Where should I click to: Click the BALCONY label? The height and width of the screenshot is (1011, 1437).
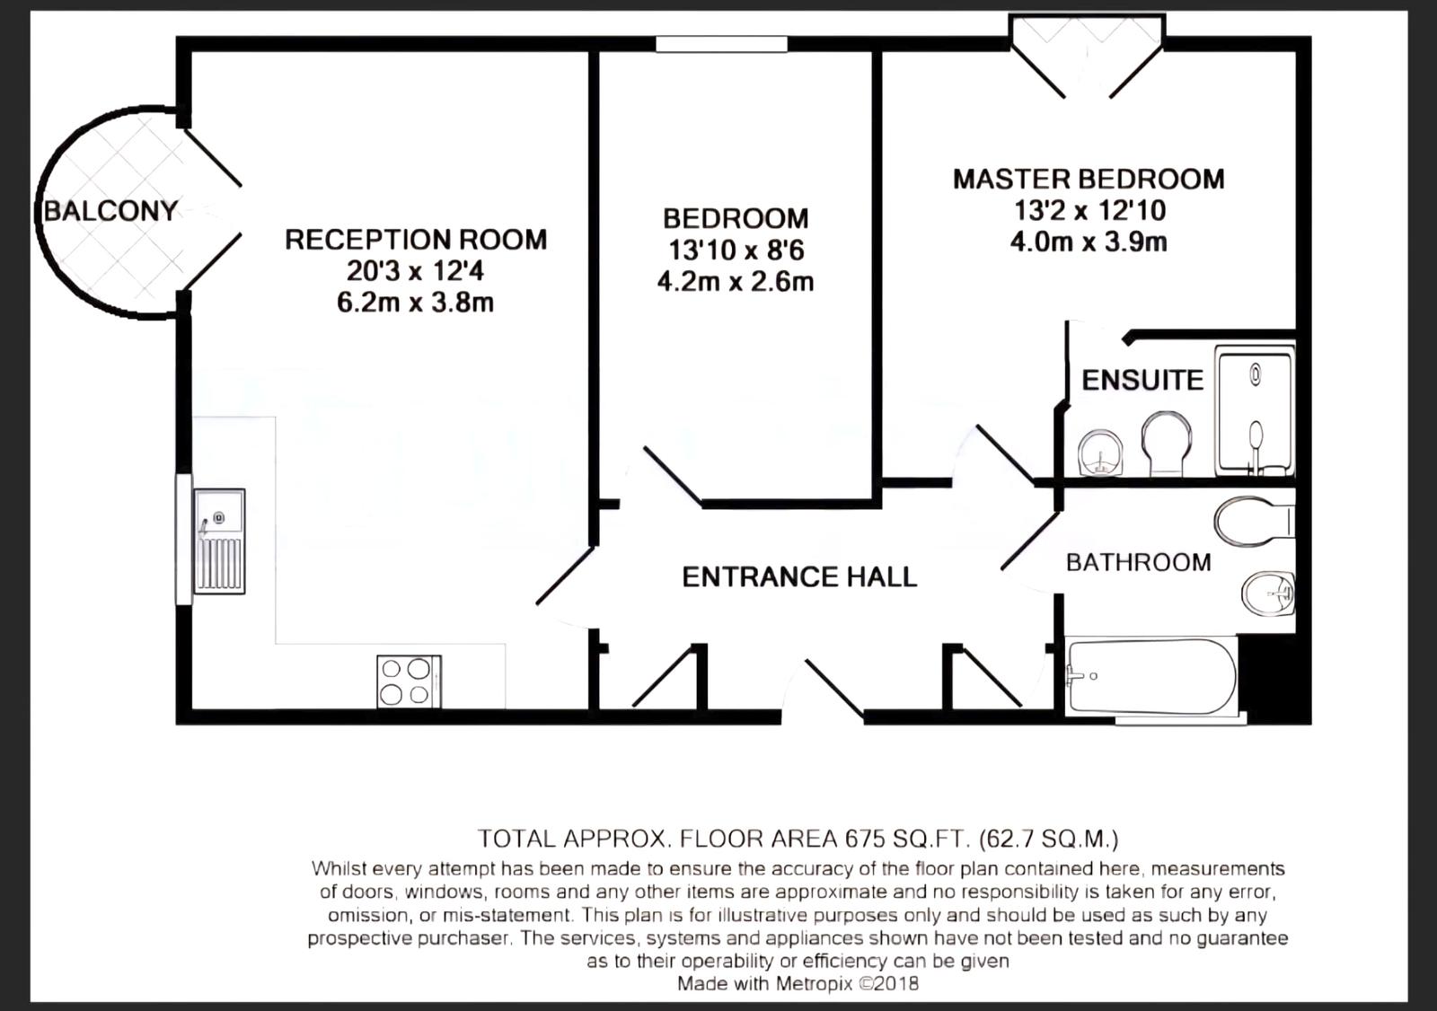coord(110,211)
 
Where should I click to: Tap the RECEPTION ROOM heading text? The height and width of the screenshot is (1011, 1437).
coord(416,240)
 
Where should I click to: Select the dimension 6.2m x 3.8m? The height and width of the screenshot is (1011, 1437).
coord(416,303)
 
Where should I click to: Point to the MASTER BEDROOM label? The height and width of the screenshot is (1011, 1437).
coord(1089,179)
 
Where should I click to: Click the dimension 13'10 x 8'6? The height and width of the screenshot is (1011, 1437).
coord(736,251)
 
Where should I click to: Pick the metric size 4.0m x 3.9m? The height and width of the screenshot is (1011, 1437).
coord(1089,242)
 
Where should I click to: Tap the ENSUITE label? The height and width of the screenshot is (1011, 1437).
coord(1142,381)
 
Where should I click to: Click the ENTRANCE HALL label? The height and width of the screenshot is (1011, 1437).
coord(799,576)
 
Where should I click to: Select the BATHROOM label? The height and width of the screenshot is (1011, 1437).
coord(1139,563)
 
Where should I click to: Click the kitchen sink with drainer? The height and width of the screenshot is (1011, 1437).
coord(219,541)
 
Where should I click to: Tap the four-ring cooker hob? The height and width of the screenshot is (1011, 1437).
coord(409,681)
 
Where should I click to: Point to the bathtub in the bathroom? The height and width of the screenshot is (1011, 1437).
coord(1150,676)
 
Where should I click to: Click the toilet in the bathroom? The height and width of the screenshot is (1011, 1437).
coord(1254,521)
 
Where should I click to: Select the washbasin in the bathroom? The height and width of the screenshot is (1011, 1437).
coord(1267,593)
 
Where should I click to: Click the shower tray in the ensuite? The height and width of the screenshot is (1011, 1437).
coord(1255,410)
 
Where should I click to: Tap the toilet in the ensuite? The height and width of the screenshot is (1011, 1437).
coord(1167,444)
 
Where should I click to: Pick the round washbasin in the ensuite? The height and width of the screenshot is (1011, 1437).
coord(1100,453)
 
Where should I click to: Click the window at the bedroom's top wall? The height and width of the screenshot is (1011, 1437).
coord(721,44)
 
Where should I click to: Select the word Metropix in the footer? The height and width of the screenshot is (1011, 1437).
coord(814,983)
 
